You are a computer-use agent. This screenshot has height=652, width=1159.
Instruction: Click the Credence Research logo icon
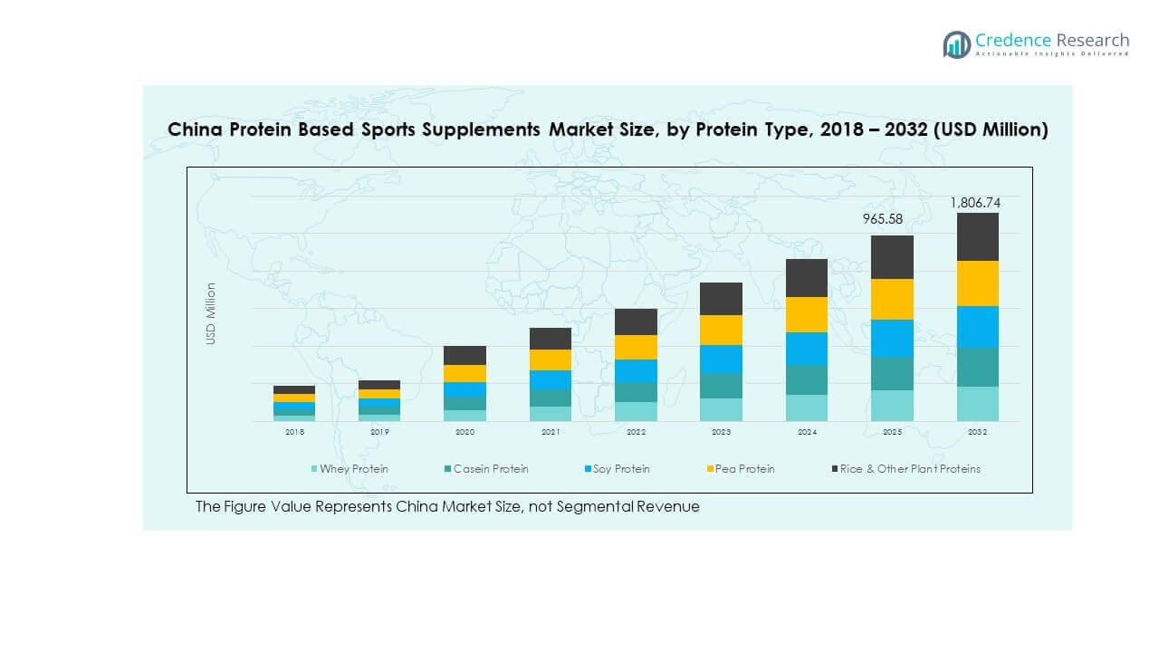[956, 44]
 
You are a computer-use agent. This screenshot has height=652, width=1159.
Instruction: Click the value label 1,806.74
[974, 203]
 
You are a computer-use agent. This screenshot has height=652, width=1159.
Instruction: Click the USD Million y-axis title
[211, 313]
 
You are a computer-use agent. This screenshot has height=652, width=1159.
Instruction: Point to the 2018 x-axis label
[294, 432]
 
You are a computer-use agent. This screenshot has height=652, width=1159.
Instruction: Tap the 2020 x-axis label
[465, 432]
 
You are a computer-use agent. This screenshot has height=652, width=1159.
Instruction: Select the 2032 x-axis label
[977, 432]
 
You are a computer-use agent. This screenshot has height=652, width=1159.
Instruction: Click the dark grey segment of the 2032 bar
[977, 236]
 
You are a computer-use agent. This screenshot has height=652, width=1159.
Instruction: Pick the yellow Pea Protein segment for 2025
[892, 299]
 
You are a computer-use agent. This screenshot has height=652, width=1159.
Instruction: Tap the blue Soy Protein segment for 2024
[806, 349]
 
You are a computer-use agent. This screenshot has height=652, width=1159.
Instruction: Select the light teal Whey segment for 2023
[721, 409]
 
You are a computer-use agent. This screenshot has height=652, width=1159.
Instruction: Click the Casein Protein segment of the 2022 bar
[636, 392]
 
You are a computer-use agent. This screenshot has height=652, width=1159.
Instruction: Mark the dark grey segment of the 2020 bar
[465, 355]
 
